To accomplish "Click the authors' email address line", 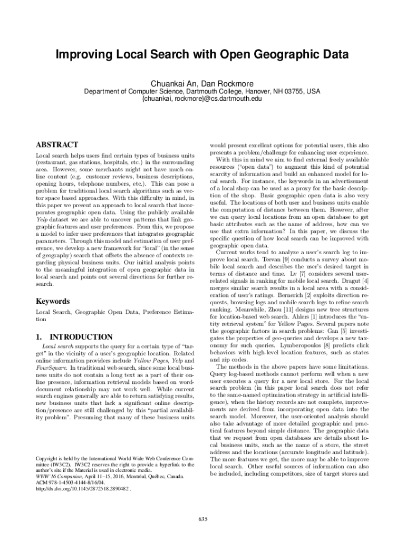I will click(202, 99).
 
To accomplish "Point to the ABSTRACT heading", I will click(56, 144).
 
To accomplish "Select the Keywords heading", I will click(52, 301).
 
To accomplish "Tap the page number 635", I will click(203, 519).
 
